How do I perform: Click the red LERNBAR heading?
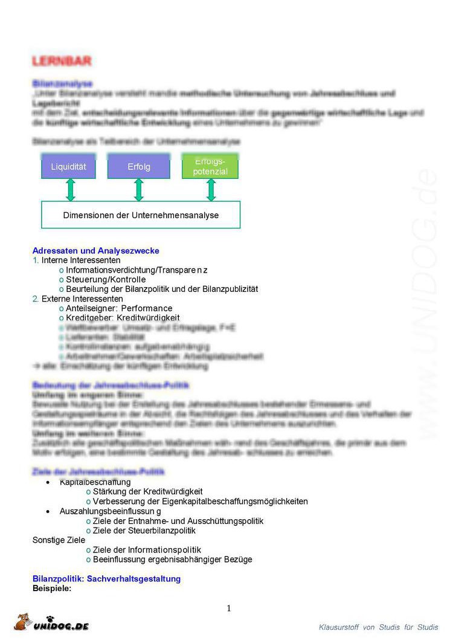(62, 62)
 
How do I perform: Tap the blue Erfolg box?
(139, 167)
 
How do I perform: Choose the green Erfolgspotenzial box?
(210, 167)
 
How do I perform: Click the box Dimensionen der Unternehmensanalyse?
(141, 215)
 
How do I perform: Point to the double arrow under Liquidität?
(70, 190)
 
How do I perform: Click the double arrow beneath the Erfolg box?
(139, 190)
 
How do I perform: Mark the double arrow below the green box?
(211, 190)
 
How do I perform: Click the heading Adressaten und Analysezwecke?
(95, 251)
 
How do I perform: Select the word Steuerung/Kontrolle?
(106, 280)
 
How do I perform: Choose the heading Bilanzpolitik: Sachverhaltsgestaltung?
(106, 579)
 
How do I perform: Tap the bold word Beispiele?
(52, 588)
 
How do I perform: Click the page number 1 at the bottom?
(229, 609)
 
